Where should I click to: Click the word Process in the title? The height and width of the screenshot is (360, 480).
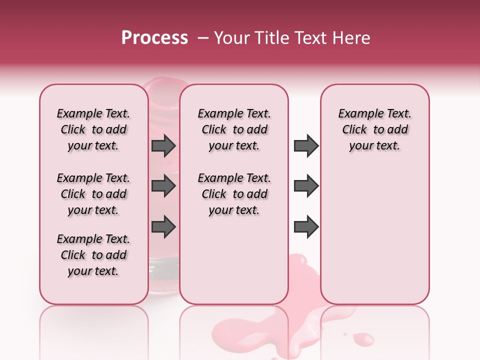click(154, 38)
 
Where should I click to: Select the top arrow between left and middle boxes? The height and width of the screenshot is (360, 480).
click(163, 146)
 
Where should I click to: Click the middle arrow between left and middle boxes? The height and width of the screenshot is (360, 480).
click(163, 186)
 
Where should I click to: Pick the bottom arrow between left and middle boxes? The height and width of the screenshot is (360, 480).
click(163, 227)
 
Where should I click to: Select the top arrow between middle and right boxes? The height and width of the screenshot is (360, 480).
click(306, 146)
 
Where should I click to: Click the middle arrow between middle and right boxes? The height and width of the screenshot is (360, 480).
click(306, 186)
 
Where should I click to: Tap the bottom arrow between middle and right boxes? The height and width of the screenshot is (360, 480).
click(306, 227)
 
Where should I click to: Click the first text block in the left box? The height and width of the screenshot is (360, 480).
click(93, 129)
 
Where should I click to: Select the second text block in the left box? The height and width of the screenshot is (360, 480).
click(93, 194)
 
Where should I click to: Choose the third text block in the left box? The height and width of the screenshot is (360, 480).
click(93, 255)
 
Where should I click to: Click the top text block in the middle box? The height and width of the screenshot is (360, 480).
click(234, 129)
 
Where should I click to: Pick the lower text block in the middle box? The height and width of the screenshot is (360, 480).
click(234, 194)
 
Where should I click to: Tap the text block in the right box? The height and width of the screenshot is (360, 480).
click(375, 129)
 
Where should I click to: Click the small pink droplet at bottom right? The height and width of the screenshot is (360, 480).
click(366, 340)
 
